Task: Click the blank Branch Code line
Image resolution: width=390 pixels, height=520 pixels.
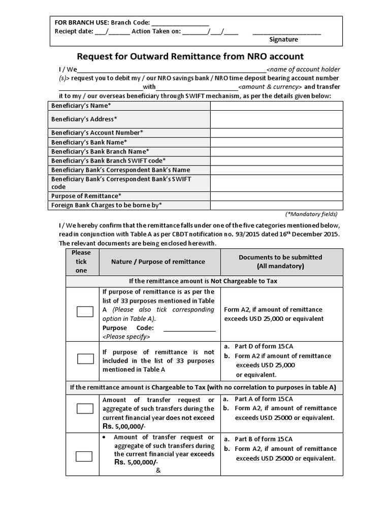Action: click(x=180, y=23)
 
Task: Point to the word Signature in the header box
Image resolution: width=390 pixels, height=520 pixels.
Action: click(x=283, y=39)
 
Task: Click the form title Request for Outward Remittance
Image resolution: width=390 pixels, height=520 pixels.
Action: click(x=190, y=56)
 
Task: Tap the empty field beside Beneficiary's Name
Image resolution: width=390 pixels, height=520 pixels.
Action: click(x=277, y=106)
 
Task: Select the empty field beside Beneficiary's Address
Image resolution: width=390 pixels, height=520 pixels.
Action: click(x=277, y=119)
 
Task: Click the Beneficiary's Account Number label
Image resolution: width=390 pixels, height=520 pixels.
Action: click(x=97, y=133)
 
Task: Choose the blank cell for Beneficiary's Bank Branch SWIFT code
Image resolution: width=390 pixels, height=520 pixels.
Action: click(x=277, y=160)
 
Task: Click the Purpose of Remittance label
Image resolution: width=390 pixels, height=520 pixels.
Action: click(x=86, y=196)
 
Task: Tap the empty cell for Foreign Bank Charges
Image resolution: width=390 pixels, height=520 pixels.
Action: click(x=277, y=205)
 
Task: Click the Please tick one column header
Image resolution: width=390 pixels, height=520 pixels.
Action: click(x=81, y=262)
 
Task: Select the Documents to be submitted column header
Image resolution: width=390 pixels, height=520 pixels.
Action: click(x=280, y=262)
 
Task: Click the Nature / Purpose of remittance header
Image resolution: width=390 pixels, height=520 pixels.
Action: click(x=158, y=262)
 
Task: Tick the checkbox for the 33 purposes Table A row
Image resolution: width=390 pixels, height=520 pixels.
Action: click(x=85, y=312)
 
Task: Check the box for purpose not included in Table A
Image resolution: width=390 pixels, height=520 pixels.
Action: click(x=85, y=359)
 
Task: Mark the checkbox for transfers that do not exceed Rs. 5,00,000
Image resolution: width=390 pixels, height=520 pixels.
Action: click(x=85, y=409)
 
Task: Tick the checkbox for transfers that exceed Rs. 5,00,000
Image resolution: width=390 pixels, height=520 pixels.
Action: click(x=85, y=456)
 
